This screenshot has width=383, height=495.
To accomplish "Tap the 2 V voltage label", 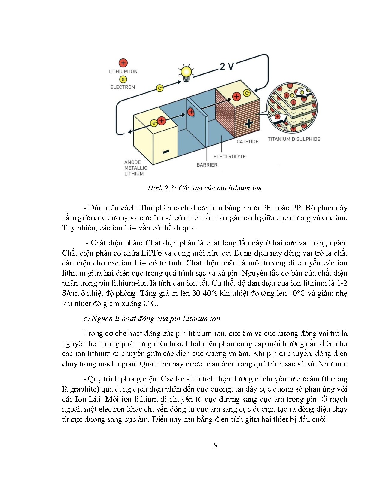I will (227, 66).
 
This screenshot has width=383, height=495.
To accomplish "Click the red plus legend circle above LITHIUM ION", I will (123, 63).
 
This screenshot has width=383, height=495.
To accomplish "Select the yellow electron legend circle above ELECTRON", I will (123, 79).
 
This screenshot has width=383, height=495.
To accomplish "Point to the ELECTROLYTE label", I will (229, 157).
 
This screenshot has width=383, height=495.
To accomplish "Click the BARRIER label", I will (207, 165).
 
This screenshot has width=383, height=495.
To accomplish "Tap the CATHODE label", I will (247, 142).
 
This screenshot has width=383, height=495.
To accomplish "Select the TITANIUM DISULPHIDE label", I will (294, 139).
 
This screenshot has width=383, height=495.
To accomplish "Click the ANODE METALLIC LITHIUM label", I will (135, 168).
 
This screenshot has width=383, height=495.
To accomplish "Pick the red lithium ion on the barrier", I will (191, 112).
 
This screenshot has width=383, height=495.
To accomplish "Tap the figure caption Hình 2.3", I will (205, 188).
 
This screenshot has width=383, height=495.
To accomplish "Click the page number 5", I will (215, 446).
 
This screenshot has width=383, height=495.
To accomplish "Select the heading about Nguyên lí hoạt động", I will (152, 319).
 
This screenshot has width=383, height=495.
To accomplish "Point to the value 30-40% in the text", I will (205, 293).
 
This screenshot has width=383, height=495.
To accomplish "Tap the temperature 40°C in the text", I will (297, 293).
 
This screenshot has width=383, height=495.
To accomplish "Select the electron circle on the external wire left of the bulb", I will (160, 88).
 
